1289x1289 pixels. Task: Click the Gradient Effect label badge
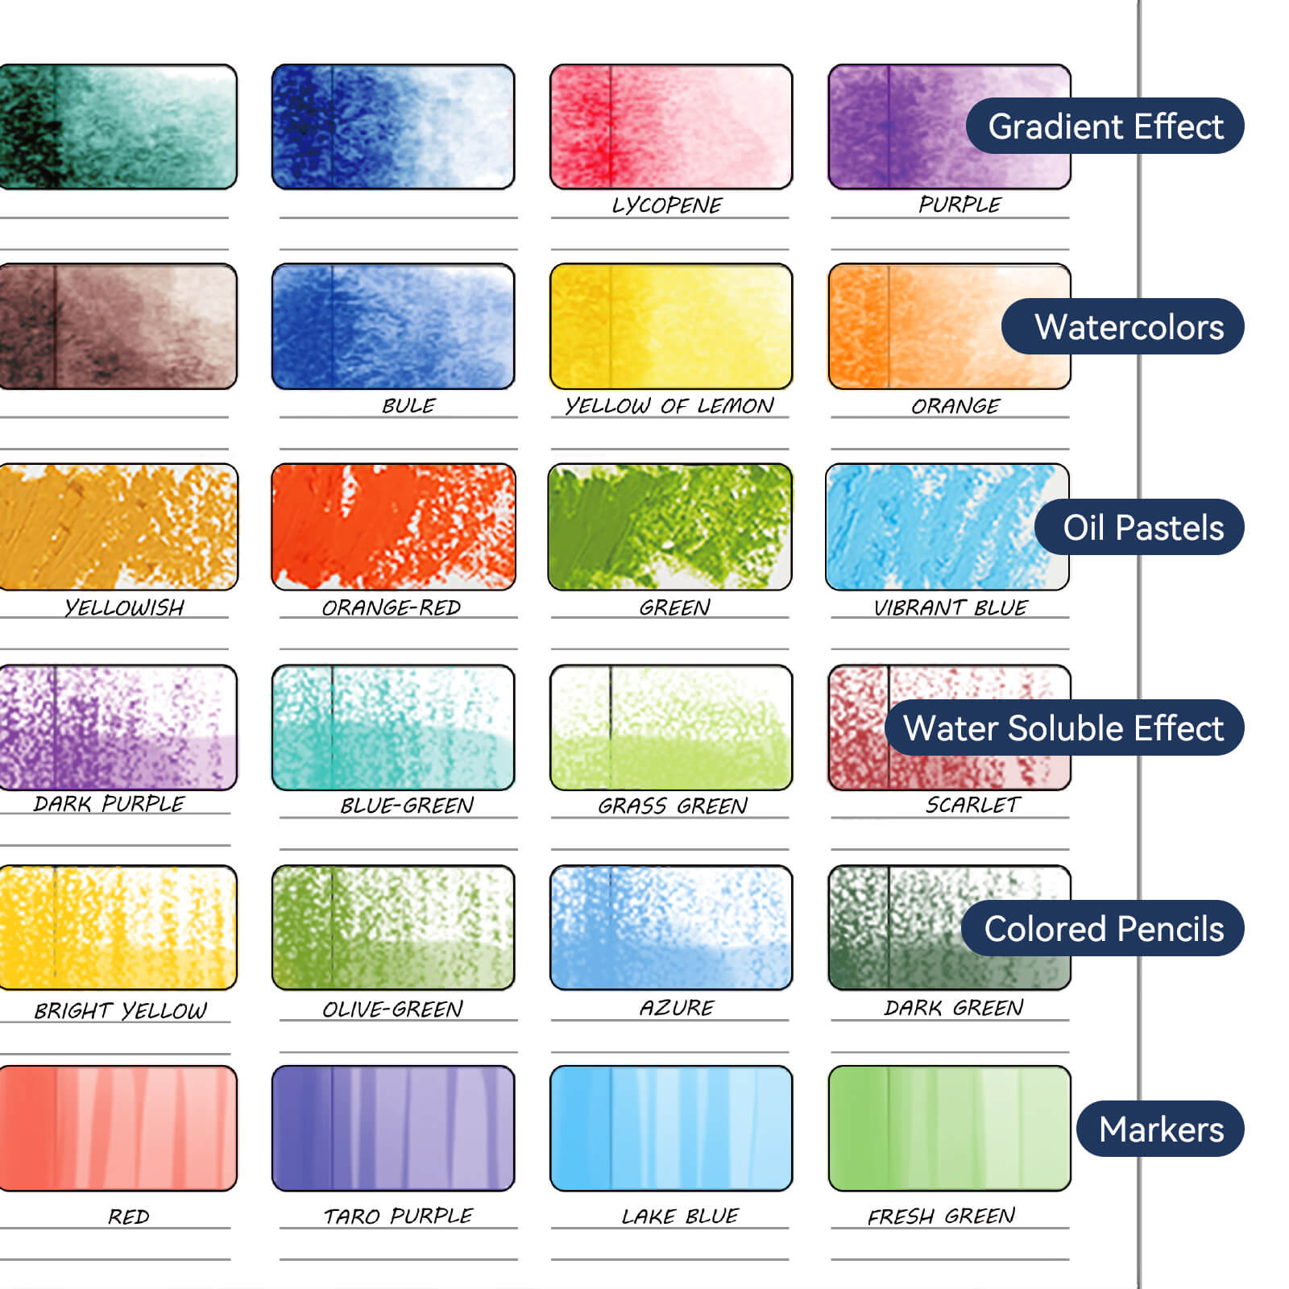click(1105, 126)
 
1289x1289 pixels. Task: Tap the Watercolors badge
click(1123, 327)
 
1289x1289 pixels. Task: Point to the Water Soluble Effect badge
click(1063, 728)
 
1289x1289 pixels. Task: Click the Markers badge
click(1160, 1129)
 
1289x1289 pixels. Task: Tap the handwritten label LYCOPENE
click(667, 205)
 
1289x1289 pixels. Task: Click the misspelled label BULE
click(408, 405)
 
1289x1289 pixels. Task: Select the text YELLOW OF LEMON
click(669, 405)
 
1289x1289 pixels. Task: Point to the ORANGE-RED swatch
click(393, 527)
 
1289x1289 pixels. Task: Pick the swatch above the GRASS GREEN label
click(671, 727)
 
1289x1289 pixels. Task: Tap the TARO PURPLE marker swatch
click(393, 1128)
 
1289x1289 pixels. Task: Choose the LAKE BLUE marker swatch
click(671, 1128)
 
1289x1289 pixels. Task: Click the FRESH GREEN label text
click(941, 1216)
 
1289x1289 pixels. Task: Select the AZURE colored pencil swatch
click(671, 927)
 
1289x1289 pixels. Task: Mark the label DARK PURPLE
click(109, 803)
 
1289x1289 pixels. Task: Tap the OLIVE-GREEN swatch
click(393, 927)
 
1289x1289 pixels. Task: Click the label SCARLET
click(972, 805)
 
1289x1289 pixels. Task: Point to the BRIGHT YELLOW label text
click(121, 1010)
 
